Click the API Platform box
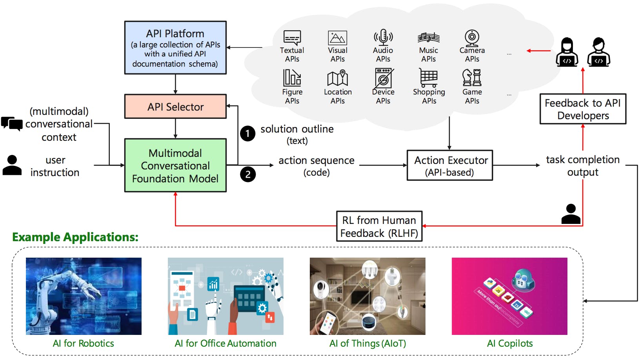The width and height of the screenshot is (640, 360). click(x=175, y=48)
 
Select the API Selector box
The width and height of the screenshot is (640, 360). click(x=175, y=106)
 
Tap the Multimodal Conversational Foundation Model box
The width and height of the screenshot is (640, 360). click(x=175, y=165)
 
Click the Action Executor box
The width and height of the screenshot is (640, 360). click(x=450, y=165)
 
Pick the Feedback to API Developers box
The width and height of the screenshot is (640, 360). click(x=583, y=109)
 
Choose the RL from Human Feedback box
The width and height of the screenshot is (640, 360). click(x=379, y=226)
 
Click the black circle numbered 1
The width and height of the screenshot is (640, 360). click(x=247, y=134)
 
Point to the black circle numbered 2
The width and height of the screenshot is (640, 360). click(x=247, y=175)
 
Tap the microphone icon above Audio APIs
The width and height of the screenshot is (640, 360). click(x=383, y=37)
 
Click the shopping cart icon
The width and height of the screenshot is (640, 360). click(x=429, y=78)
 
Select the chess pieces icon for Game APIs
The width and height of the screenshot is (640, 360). click(x=472, y=77)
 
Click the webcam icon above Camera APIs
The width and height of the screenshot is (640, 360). click(x=472, y=38)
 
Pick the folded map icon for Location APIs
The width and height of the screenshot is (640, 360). click(x=338, y=78)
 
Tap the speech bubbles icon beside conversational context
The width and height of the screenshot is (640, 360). click(x=12, y=124)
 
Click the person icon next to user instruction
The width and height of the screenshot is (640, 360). click(x=12, y=165)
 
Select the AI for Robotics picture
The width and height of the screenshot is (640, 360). click(x=84, y=296)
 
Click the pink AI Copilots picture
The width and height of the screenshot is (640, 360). click(x=509, y=296)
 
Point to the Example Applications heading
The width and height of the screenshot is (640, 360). click(x=75, y=237)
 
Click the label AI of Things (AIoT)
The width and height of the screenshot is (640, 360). click(x=367, y=344)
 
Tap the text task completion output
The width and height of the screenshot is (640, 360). click(x=583, y=166)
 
